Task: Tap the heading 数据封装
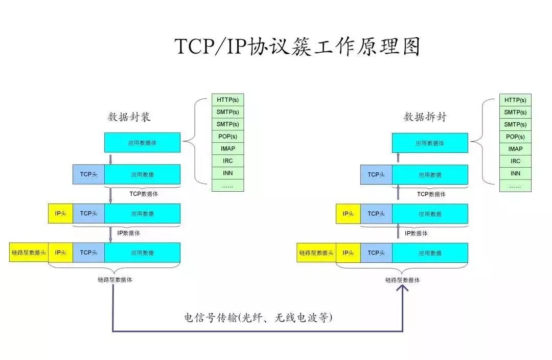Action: pyautogui.click(x=129, y=117)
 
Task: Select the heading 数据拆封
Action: pyautogui.click(x=425, y=117)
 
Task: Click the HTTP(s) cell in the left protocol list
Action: pyautogui.click(x=227, y=100)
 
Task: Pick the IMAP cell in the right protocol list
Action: pyautogui.click(x=515, y=149)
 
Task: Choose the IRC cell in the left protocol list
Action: pyautogui.click(x=227, y=161)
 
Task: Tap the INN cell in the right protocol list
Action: pyautogui.click(x=515, y=173)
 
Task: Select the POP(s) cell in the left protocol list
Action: pyautogui.click(x=227, y=137)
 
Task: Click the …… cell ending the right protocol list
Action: pyautogui.click(x=515, y=186)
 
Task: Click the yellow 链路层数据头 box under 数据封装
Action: pyautogui.click(x=29, y=253)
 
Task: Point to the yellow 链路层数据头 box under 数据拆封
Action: pyautogui.click(x=316, y=253)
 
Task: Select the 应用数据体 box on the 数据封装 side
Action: pyautogui.click(x=142, y=143)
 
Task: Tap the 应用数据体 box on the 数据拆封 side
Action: pyautogui.click(x=430, y=143)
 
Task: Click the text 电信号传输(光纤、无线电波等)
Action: pyautogui.click(x=258, y=318)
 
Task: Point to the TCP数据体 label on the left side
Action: pyautogui.click(x=143, y=194)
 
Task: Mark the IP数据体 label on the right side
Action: pyautogui.click(x=416, y=233)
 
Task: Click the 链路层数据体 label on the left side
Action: pyautogui.click(x=115, y=280)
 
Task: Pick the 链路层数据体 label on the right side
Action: pyautogui.click(x=403, y=280)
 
